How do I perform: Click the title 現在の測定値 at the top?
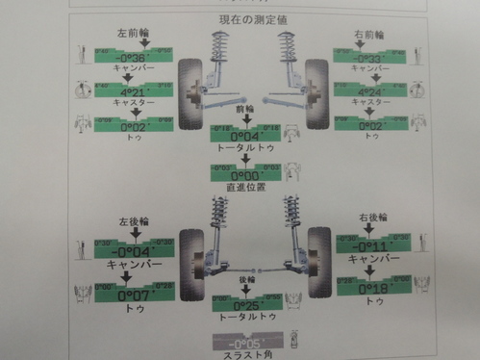(x=244, y=19)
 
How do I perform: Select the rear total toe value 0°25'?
(x=248, y=304)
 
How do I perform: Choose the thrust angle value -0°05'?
(x=247, y=343)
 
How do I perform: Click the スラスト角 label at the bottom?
(x=248, y=355)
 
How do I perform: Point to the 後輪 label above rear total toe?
(x=247, y=280)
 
